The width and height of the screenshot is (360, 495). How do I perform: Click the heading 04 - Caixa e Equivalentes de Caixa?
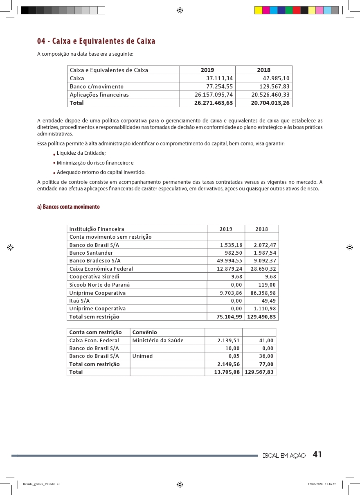click(x=96, y=41)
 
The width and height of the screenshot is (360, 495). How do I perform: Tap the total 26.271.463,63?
click(x=214, y=103)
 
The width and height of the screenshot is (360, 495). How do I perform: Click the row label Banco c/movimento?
click(x=97, y=86)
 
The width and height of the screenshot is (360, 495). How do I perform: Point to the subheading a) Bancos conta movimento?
click(x=68, y=207)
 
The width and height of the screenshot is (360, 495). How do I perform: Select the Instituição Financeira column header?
click(x=97, y=229)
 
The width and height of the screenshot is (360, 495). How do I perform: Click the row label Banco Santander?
click(x=91, y=253)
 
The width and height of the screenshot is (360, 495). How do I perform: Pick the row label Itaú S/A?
click(x=80, y=301)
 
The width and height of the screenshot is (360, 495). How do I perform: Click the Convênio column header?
click(x=145, y=332)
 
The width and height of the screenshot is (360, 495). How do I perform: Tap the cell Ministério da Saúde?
click(x=158, y=341)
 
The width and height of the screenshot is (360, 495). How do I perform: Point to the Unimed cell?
click(x=142, y=356)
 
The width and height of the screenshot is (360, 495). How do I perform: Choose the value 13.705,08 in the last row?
click(x=227, y=372)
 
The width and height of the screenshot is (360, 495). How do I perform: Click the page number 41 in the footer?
click(x=317, y=455)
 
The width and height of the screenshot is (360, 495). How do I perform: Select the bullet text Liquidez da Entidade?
click(x=81, y=153)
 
